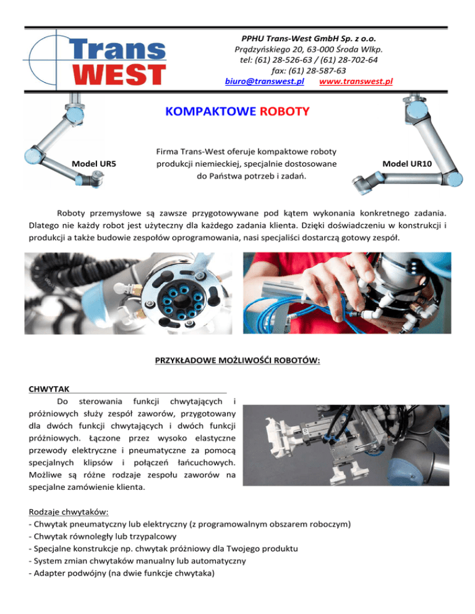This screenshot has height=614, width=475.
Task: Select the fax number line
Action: click(x=309, y=71)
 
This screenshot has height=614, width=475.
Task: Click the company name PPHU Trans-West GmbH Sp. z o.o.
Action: click(x=309, y=38)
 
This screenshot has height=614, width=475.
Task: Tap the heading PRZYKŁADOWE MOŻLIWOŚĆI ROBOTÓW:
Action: click(x=237, y=356)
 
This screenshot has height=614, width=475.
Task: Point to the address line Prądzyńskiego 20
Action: click(x=309, y=49)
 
